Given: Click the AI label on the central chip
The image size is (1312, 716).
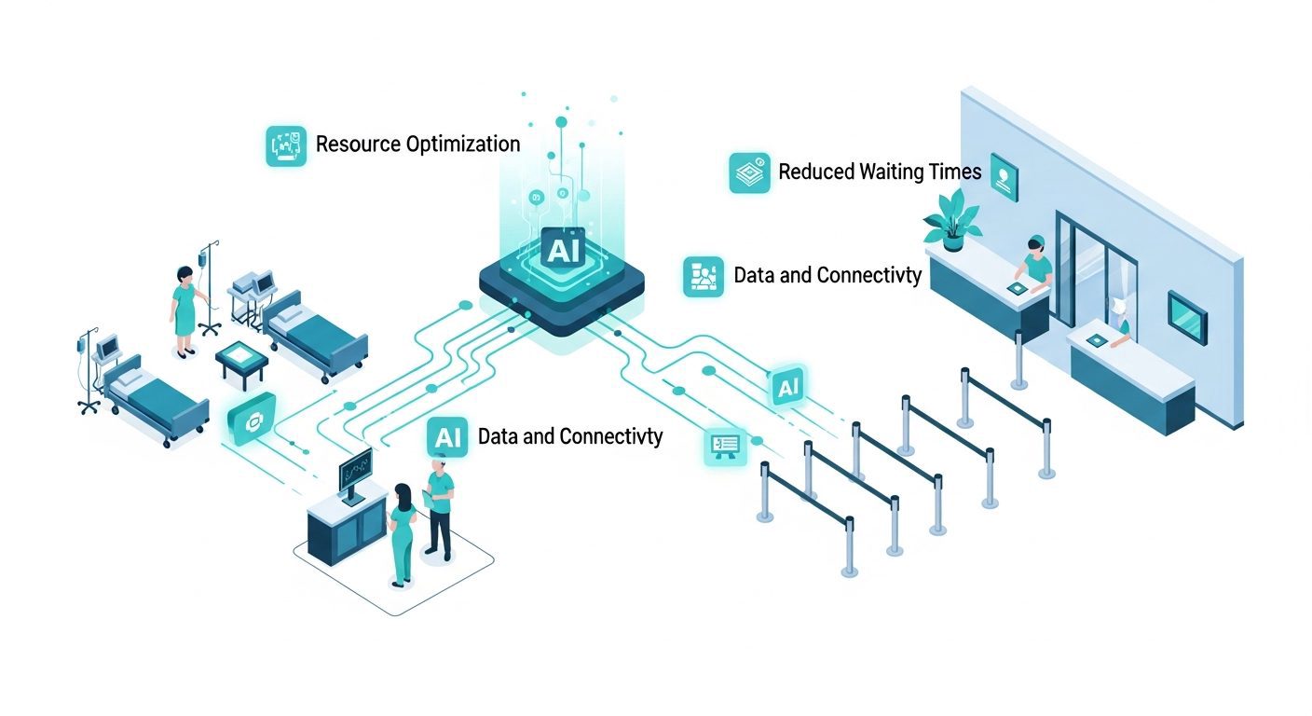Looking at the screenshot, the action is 563,250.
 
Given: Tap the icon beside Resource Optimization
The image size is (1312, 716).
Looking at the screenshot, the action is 286,145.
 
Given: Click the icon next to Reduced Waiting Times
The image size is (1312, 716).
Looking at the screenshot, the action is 749,172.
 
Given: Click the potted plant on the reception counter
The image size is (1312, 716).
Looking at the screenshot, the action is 951,220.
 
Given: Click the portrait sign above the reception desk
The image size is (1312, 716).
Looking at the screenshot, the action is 1004,177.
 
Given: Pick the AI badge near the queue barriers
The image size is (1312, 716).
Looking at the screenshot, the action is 787,387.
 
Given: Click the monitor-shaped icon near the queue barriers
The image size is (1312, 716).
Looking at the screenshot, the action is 725,447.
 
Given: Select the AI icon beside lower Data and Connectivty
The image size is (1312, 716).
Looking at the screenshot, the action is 447,437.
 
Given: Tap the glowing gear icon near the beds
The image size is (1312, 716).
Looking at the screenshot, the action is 252,420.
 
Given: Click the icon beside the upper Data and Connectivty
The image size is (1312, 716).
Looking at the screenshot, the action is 704,276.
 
